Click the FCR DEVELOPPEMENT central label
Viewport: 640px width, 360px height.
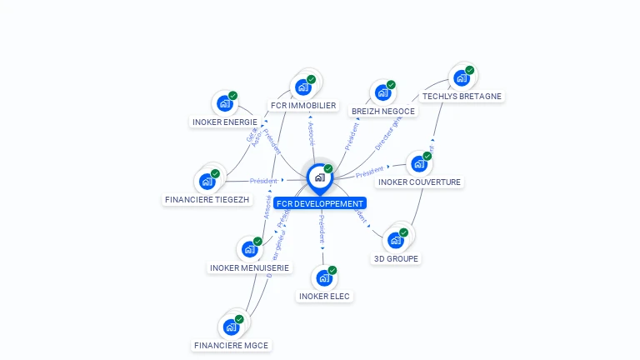click(x=320, y=203)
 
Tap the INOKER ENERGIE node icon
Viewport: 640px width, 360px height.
click(x=224, y=103)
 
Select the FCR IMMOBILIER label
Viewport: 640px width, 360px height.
click(x=303, y=106)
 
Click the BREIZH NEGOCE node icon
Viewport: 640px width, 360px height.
click(x=382, y=92)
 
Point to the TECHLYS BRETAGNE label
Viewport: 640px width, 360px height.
click(x=462, y=96)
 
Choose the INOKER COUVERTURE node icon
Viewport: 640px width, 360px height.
click(x=418, y=163)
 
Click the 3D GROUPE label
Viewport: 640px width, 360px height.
click(x=397, y=258)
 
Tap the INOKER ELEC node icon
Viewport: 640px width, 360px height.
click(x=323, y=277)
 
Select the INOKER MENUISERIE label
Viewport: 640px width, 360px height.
click(x=250, y=267)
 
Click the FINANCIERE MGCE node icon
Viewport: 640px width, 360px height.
click(x=231, y=326)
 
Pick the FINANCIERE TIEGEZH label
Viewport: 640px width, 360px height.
click(x=207, y=199)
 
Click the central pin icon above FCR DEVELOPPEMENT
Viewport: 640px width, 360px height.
click(x=319, y=177)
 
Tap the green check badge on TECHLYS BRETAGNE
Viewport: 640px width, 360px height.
click(x=470, y=70)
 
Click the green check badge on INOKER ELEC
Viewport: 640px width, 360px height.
click(x=332, y=270)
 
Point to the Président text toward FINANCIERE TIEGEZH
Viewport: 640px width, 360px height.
click(x=263, y=180)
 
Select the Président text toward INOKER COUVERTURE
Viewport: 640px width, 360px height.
click(x=369, y=172)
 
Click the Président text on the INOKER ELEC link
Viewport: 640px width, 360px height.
click(x=322, y=230)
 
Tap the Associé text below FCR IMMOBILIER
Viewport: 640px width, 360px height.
click(x=311, y=132)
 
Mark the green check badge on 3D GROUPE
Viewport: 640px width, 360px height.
click(x=404, y=232)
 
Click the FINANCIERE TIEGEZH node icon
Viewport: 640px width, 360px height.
click(x=207, y=180)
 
